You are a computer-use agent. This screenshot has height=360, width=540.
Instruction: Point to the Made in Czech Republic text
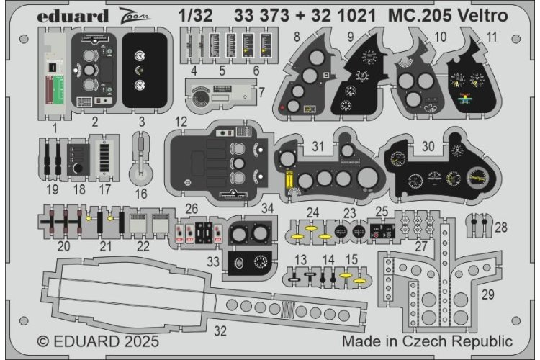[428, 341]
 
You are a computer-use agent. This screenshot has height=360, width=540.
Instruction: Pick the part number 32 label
[222, 333]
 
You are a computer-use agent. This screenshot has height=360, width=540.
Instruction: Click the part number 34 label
[268, 209]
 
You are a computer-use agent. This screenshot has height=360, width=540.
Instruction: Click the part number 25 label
[382, 212]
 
